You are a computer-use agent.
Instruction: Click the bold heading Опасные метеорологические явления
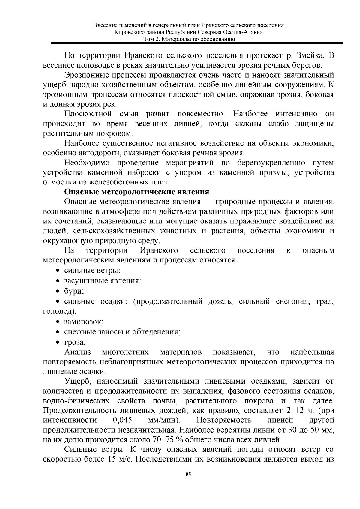pos(137,192)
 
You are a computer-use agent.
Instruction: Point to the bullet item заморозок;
pos(84,322)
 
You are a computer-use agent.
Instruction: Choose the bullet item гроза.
pos(74,342)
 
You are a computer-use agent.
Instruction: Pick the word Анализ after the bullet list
pos(78,352)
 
